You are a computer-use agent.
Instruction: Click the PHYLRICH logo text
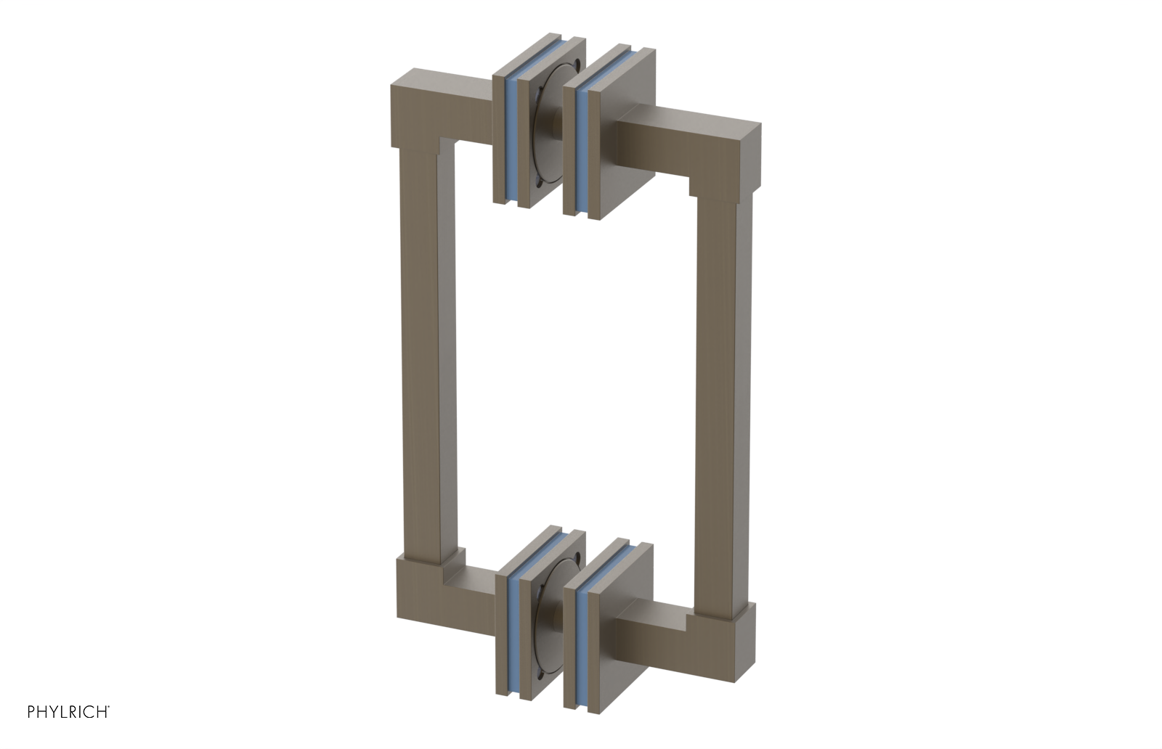(68, 711)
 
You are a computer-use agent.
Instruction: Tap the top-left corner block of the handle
(418, 109)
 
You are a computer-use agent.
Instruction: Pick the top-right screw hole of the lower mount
(574, 558)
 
